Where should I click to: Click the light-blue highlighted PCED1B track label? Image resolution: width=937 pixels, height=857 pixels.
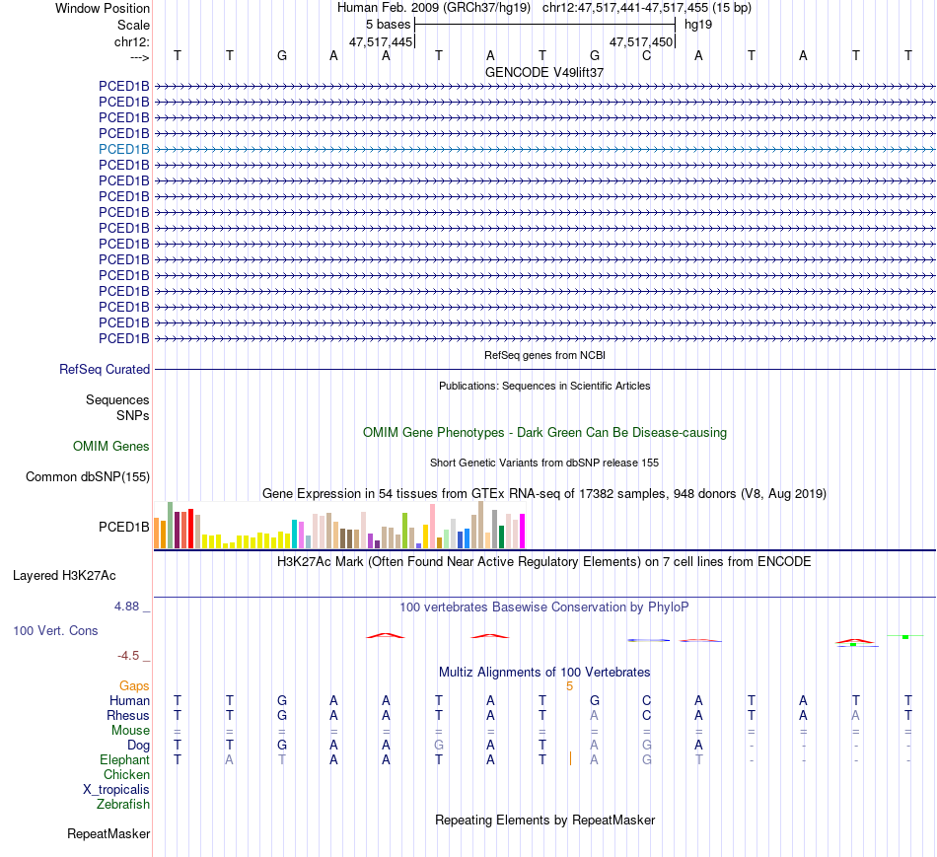124,149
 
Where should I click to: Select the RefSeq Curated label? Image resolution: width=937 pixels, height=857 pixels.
105,369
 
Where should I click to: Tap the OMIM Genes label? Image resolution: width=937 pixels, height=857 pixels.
111,447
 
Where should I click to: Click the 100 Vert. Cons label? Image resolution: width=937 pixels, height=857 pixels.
55,630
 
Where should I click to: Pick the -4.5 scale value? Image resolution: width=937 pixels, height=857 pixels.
128,655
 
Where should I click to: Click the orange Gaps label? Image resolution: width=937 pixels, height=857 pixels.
134,685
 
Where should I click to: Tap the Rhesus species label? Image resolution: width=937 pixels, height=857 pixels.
128,715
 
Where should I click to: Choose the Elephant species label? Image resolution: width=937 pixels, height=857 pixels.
124,759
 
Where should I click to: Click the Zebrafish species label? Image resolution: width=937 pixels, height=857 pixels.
123,804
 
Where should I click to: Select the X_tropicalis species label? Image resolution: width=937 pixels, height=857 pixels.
116,789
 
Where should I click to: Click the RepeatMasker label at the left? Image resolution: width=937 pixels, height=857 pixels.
108,834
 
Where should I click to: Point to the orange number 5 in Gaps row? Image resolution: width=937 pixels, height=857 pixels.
569,685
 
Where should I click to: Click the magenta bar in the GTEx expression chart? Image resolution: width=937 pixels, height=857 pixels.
523,533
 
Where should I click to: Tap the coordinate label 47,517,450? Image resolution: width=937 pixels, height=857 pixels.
641,41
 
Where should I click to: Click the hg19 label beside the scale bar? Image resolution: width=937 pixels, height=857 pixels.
698,24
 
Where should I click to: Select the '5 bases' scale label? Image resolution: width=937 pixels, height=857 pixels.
388,24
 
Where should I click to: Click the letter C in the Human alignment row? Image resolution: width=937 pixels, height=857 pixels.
646,700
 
